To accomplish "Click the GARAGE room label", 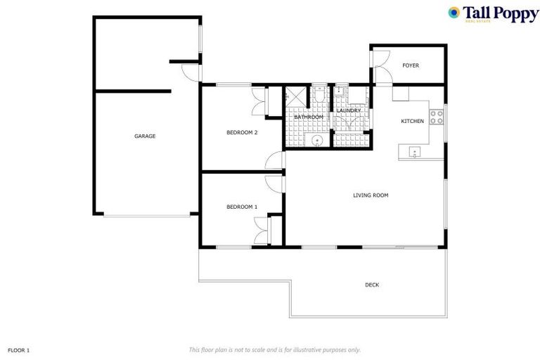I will pyautogui.click(x=145, y=136).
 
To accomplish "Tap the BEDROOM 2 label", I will pyautogui.click(x=242, y=132).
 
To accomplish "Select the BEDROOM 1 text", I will pyautogui.click(x=242, y=207).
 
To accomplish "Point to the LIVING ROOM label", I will pyautogui.click(x=371, y=195).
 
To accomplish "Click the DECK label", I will pyautogui.click(x=372, y=285).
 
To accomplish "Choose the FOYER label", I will pyautogui.click(x=411, y=65).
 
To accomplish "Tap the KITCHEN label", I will pyautogui.click(x=413, y=122).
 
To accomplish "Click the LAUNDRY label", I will pyautogui.click(x=349, y=110).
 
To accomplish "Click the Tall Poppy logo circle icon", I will pyautogui.click(x=454, y=12).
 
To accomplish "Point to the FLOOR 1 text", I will pyautogui.click(x=19, y=349).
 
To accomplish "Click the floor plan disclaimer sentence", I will pyautogui.click(x=275, y=349).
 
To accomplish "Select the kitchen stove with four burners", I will pyautogui.click(x=437, y=116).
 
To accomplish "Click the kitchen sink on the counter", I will pyautogui.click(x=416, y=150).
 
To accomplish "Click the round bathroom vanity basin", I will pyautogui.click(x=317, y=141).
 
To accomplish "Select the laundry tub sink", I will pyautogui.click(x=340, y=92).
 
